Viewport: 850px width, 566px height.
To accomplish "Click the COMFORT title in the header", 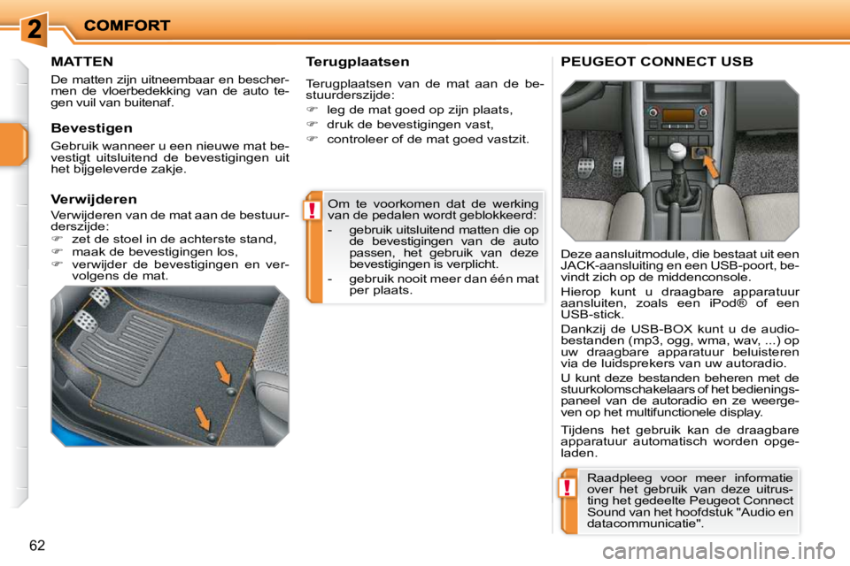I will (127, 26).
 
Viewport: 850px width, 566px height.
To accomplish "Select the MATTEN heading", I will (81, 62).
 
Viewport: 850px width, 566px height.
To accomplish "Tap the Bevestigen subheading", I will (91, 128).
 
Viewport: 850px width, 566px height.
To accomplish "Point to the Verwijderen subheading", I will (94, 199).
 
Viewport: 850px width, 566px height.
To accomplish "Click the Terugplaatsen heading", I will (357, 62).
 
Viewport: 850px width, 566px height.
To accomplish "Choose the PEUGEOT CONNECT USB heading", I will (657, 62).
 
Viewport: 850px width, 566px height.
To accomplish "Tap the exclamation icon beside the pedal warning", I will (313, 210).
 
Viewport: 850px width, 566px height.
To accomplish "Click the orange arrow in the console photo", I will (709, 163).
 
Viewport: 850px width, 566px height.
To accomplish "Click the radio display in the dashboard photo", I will (679, 115).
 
